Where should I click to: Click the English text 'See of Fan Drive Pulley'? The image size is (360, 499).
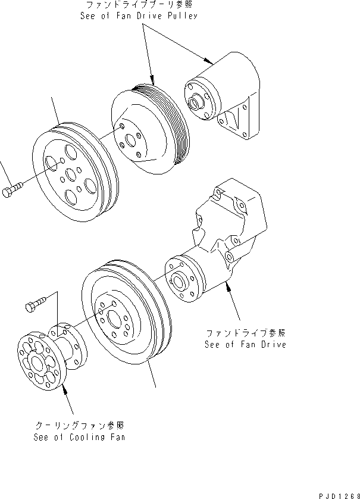tap(139, 16)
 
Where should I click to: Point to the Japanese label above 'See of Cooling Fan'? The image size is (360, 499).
tap(79, 425)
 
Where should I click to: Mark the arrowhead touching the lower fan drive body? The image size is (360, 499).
tap(227, 288)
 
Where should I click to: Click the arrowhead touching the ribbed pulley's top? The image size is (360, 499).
tap(153, 83)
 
